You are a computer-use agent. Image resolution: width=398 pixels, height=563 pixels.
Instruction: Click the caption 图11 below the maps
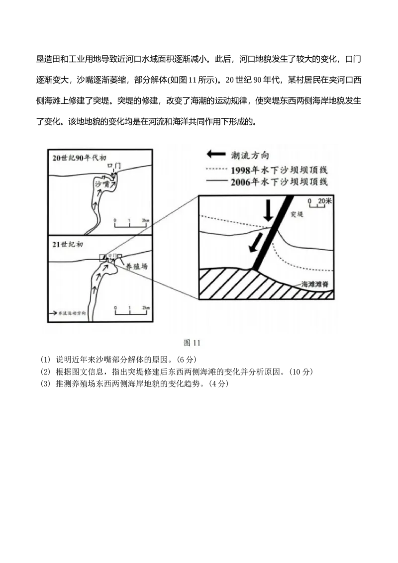tap(192, 343)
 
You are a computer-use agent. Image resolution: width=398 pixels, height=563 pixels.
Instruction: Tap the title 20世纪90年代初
tap(80, 158)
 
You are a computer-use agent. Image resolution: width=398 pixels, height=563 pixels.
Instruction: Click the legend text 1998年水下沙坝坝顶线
tap(279, 170)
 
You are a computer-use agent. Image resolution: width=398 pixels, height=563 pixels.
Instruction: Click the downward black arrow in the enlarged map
tap(268, 211)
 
